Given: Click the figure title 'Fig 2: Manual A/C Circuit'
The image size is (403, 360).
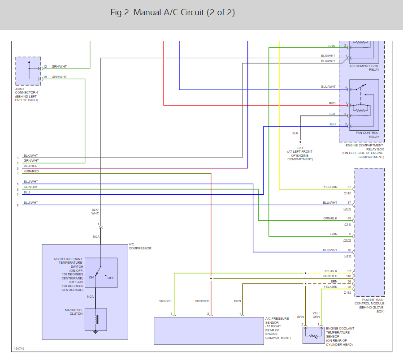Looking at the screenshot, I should (x=173, y=13).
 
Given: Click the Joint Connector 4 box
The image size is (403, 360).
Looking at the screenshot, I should (x=28, y=71).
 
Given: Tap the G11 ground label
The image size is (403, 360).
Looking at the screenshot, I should (x=300, y=148).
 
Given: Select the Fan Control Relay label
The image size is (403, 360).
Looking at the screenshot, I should (x=367, y=135).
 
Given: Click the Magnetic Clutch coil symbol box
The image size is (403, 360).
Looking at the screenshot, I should (x=95, y=320).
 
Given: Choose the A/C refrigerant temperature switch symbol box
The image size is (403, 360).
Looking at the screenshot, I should (x=101, y=273).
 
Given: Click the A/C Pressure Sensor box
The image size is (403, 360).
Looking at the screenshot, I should (x=209, y=330).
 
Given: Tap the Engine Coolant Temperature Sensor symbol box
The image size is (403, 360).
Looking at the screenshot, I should (x=313, y=335).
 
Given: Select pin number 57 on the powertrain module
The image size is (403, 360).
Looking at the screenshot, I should (x=349, y=187).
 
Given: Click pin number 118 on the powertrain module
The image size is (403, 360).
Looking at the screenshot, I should (x=349, y=276).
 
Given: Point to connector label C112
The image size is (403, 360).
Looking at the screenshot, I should (x=347, y=293).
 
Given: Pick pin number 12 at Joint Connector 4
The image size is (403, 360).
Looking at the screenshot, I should (x=45, y=67).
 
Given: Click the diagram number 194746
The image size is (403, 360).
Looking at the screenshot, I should (x=19, y=348).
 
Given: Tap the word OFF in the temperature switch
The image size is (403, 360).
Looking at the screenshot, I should (x=111, y=278).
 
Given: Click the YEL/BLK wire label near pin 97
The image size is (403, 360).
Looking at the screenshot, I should (x=330, y=271).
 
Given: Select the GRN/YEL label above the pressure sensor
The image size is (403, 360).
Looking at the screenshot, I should (x=165, y=301).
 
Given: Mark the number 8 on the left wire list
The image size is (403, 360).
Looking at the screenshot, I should (x=18, y=205).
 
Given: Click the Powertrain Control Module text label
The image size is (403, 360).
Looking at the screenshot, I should (x=369, y=304).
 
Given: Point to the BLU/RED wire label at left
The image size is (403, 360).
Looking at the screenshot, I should (x=31, y=166).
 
